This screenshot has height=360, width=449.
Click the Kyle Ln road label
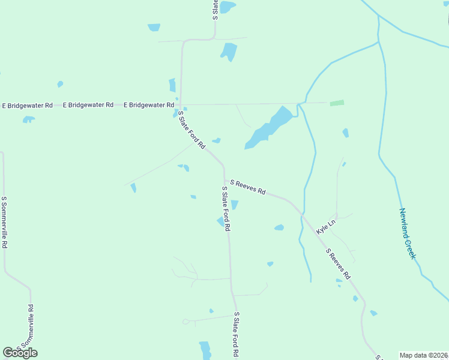point(326,226)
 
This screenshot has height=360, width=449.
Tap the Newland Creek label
point(408,234)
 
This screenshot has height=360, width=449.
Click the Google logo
point(20,353)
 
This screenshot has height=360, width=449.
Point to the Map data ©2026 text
point(424,355)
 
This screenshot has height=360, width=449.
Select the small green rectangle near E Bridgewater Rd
point(337,103)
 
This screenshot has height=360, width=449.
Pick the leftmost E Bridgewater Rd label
point(28,106)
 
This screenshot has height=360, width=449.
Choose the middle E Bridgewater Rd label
point(88,105)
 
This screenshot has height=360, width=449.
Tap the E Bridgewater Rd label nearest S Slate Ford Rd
point(149,105)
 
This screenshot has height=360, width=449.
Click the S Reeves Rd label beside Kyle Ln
point(337,264)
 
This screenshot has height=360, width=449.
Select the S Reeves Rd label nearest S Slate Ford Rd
point(247,187)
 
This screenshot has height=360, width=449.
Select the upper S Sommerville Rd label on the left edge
point(4,223)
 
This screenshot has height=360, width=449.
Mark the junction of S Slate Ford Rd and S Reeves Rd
point(224,179)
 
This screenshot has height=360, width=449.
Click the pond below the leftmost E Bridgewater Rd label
point(28,119)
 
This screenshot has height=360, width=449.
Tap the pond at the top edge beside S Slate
point(227,7)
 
